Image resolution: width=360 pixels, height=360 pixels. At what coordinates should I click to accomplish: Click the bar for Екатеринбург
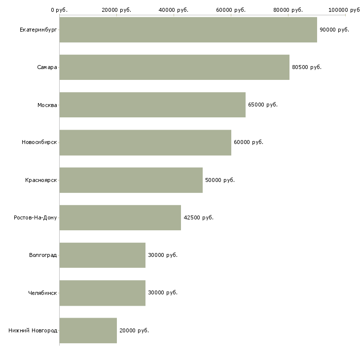point(188,30)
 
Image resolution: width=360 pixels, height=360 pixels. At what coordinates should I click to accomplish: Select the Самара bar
point(175,67)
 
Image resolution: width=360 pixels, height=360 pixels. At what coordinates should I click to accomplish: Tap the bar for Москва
point(152,105)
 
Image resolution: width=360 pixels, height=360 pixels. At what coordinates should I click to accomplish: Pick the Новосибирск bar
point(145,143)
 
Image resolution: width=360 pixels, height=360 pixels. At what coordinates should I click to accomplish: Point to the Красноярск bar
point(131,180)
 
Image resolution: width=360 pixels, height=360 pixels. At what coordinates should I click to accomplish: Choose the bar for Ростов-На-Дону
point(120,217)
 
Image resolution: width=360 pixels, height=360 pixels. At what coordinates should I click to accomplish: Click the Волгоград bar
point(103,255)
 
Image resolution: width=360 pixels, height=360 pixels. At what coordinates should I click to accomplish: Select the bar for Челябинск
point(103,293)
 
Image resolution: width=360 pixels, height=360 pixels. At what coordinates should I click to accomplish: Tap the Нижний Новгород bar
point(88,330)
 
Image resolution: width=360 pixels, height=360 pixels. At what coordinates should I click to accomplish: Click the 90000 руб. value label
point(334,30)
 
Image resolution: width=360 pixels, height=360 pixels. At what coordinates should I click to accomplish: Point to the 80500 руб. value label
point(307,67)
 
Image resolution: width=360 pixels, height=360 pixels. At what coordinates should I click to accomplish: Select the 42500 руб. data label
point(198,217)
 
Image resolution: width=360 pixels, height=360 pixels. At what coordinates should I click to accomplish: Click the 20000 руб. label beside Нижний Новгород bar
point(134,330)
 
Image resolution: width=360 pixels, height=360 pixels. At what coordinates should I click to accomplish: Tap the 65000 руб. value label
point(263,105)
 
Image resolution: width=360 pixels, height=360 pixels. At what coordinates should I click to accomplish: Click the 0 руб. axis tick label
point(59,10)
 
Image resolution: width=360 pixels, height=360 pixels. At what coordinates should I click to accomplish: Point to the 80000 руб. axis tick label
point(288,10)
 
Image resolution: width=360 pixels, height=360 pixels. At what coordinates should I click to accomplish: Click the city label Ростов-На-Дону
point(36,217)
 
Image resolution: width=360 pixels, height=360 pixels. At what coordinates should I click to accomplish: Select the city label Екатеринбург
point(38,30)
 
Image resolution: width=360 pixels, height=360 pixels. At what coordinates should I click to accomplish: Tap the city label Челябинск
point(42,293)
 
